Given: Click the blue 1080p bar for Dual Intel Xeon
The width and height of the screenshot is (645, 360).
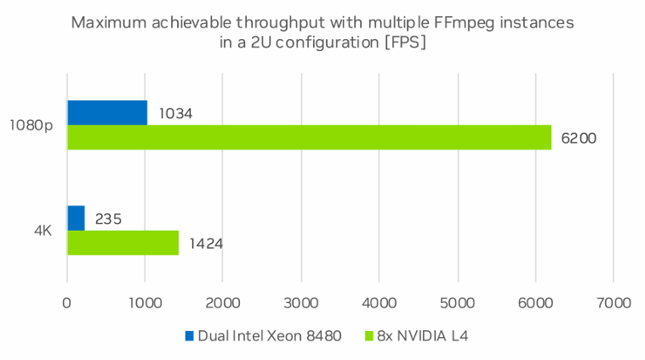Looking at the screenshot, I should (107, 112).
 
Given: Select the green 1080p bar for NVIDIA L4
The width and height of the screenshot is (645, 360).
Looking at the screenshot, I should (309, 137).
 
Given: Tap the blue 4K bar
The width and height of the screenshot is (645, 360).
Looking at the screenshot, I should (76, 218).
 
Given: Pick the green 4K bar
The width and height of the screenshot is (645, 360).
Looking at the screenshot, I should (123, 243).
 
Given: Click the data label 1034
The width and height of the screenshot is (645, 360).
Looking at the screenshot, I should (175, 113).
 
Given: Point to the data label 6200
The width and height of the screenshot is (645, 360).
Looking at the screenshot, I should (579, 138).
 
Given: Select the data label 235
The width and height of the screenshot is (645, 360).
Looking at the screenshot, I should (108, 219).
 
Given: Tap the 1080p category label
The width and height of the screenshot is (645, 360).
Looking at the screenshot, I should (31, 125).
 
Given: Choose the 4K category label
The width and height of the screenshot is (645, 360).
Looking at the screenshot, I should (42, 231).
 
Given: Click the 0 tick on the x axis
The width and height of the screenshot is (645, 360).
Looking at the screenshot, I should (67, 302).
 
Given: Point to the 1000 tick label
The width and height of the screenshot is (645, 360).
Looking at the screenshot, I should (145, 302).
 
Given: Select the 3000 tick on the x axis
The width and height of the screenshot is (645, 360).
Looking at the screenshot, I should (301, 302).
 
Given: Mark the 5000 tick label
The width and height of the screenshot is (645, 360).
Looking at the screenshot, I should (458, 302).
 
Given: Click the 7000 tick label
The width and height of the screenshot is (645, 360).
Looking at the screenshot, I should (614, 302).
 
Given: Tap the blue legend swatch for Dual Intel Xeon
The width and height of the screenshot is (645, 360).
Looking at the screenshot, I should (189, 335).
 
